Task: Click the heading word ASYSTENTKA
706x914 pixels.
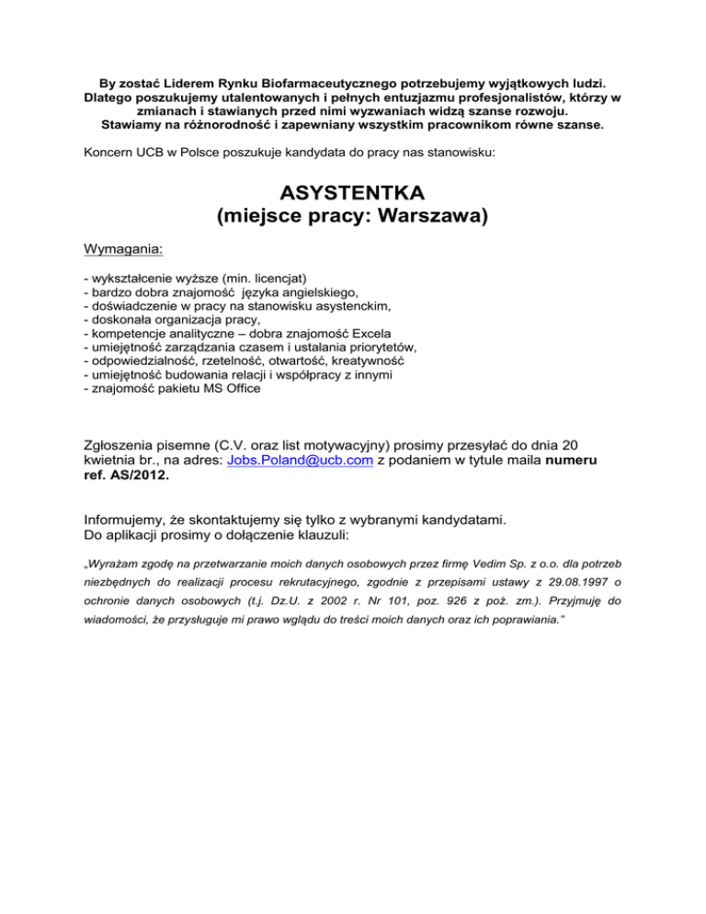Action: pos(353,195)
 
